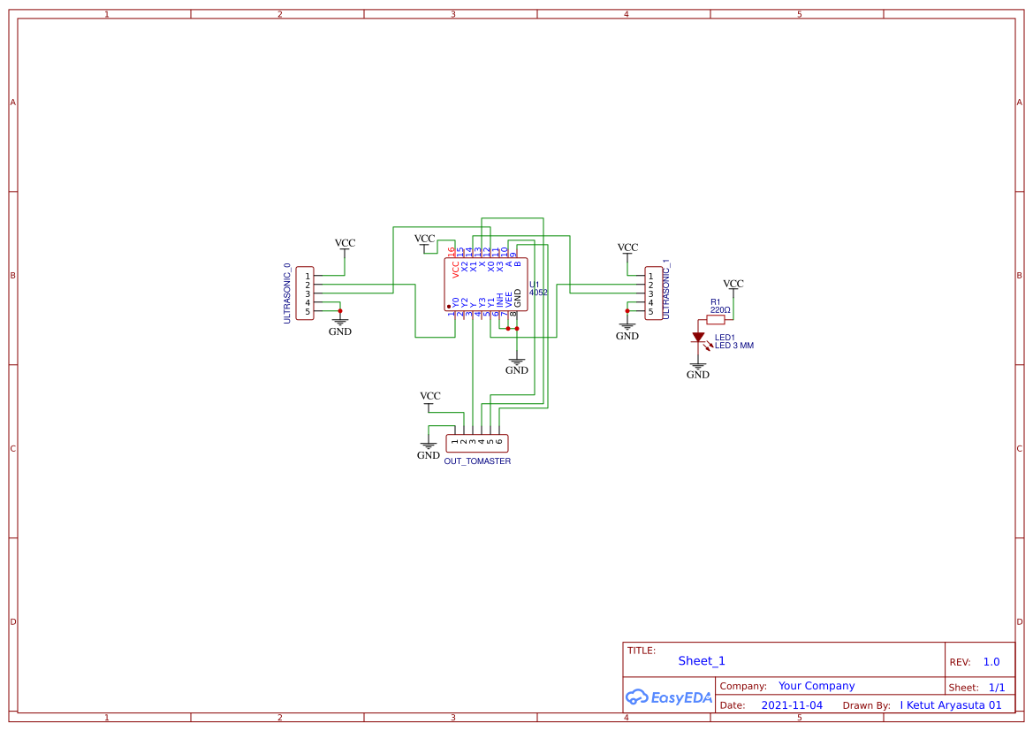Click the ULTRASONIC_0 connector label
tap(287, 293)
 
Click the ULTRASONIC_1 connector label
tap(665, 289)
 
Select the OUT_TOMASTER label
tap(477, 461)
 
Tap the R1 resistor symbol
tap(716, 319)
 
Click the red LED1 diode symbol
tap(698, 338)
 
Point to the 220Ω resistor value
tap(720, 310)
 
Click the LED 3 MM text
tap(734, 346)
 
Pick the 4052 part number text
tap(538, 293)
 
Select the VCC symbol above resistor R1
tap(733, 285)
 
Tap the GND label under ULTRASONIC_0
tap(340, 331)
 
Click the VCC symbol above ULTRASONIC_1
tap(627, 248)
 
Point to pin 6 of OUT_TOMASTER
tap(499, 441)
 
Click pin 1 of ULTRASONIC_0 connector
tap(308, 276)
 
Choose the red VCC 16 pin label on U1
tap(453, 263)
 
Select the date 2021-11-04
tap(792, 705)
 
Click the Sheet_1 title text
tap(702, 661)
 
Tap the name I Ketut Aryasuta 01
tap(951, 705)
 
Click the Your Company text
tap(817, 686)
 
